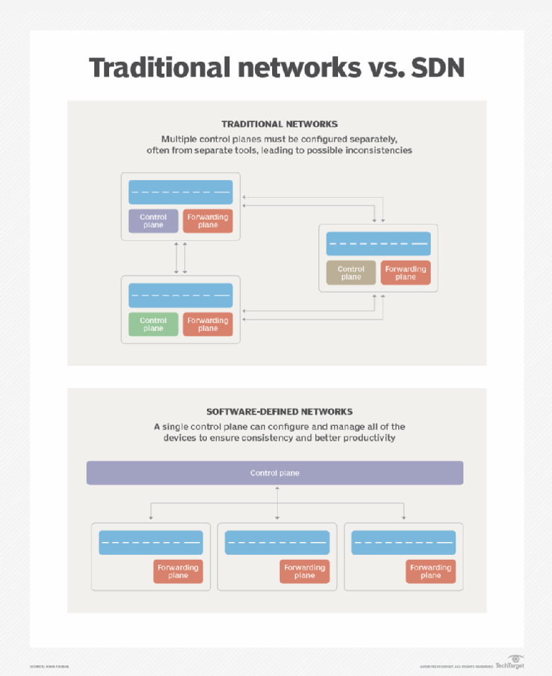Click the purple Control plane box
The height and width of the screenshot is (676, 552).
153,221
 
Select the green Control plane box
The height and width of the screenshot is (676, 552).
153,325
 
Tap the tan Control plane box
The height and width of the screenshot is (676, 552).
351,273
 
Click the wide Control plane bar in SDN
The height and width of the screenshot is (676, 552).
275,473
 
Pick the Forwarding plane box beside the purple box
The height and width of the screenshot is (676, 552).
208,221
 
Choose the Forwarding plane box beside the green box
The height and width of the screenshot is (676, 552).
208,325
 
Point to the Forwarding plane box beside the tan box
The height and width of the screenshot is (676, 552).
405,273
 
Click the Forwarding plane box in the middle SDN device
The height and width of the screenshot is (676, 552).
304,571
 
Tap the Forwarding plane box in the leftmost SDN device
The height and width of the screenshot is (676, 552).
178,571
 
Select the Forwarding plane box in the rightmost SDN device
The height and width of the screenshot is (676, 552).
430,571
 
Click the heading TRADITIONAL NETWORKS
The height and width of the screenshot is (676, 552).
279,124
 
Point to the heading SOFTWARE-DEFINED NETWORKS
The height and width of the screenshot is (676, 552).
279,411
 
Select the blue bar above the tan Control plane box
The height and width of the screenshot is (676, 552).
378,244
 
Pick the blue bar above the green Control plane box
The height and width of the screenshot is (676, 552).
181,295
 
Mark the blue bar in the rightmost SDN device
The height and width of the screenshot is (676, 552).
403,543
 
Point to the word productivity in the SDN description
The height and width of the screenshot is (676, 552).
361,438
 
